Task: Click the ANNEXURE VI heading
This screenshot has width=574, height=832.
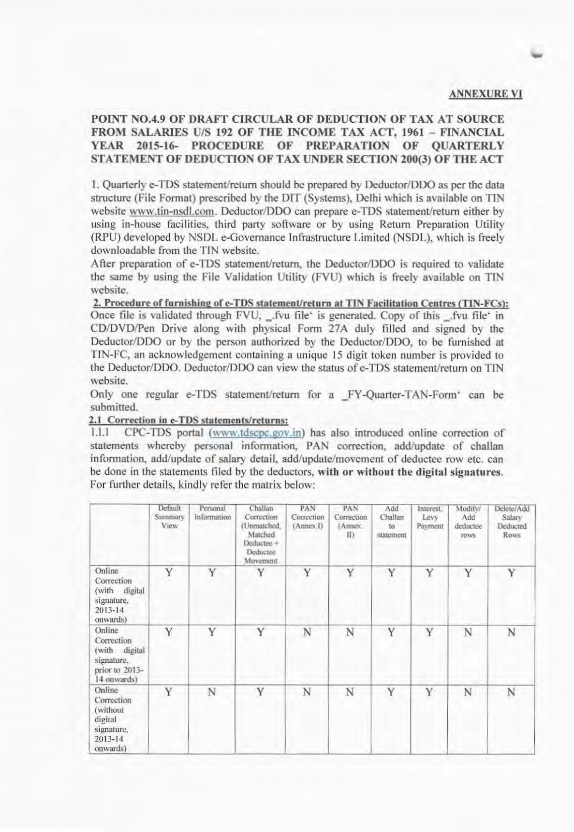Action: (485, 94)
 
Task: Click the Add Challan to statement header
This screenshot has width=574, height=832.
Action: (392, 522)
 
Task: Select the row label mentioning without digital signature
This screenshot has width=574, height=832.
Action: (113, 719)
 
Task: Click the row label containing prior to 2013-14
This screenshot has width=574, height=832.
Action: (119, 655)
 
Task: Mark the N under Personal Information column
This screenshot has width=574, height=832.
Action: (212, 692)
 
